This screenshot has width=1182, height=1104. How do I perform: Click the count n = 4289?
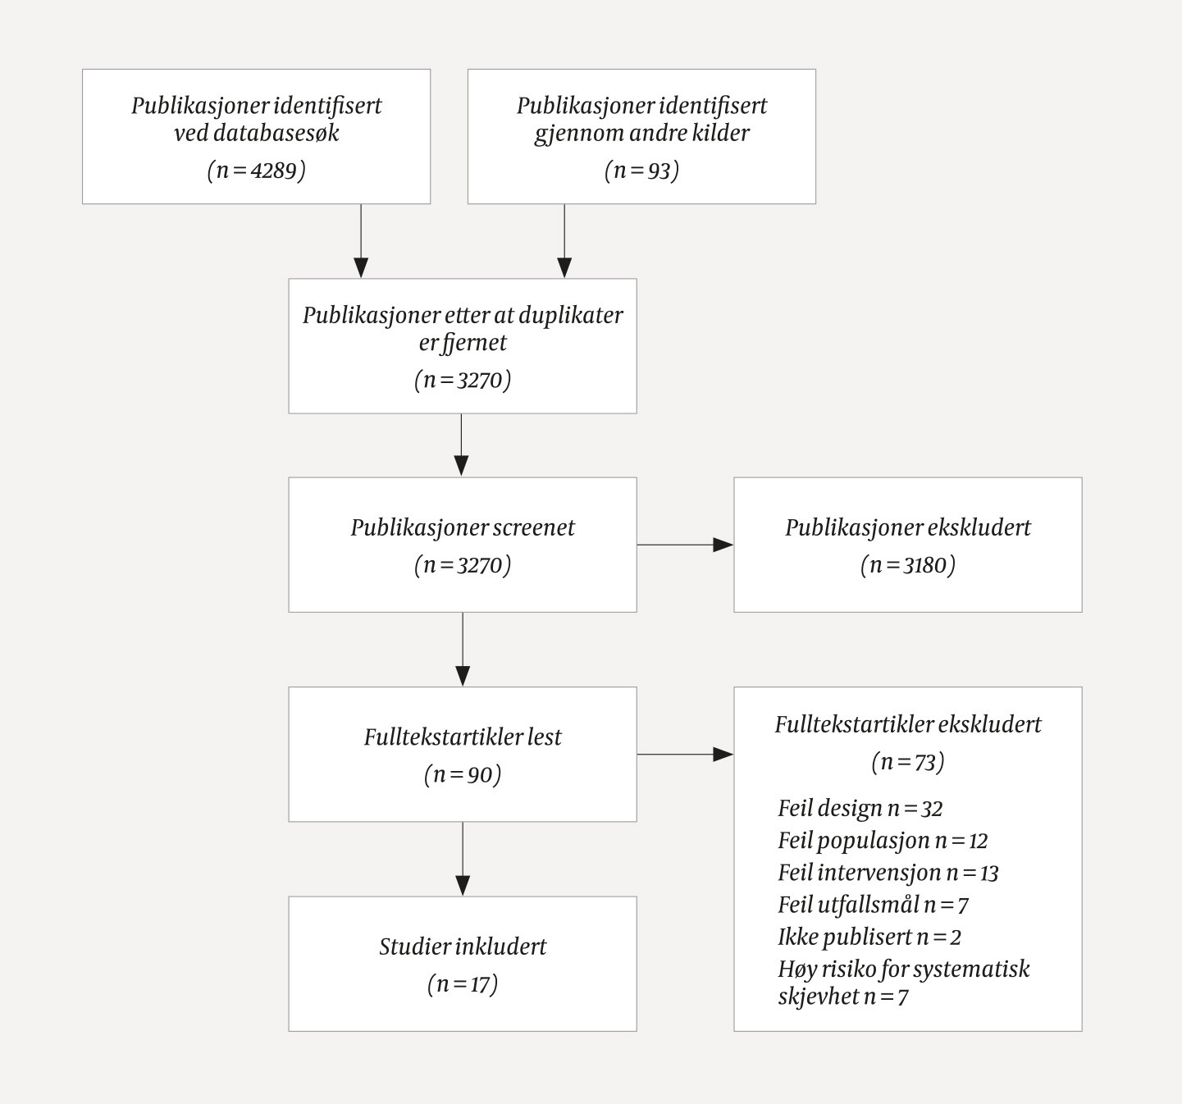[x=256, y=171]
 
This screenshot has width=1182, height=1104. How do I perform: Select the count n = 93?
[x=641, y=171]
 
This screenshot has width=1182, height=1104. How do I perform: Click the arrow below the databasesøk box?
[x=361, y=241]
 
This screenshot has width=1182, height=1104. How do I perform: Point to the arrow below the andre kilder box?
[x=564, y=241]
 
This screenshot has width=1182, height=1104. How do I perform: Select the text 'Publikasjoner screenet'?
[x=463, y=527]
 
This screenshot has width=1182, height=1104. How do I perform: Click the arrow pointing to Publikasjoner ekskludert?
[x=685, y=545]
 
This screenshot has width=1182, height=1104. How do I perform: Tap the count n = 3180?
[x=907, y=565]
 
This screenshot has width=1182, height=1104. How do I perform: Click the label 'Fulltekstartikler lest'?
[x=463, y=737]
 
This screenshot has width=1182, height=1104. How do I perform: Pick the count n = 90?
[x=463, y=774]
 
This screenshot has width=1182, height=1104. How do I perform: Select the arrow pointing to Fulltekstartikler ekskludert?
[x=685, y=754]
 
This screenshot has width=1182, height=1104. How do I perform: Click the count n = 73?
[x=907, y=762]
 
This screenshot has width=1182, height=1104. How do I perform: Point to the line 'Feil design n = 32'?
[x=860, y=809]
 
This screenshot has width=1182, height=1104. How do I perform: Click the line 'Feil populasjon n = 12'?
[x=883, y=841]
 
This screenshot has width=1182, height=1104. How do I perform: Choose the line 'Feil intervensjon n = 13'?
[x=888, y=873]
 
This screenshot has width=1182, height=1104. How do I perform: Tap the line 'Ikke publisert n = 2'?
[x=869, y=937]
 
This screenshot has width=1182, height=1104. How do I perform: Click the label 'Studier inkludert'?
[x=463, y=947]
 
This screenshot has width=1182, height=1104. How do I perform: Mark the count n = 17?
[x=463, y=983]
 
